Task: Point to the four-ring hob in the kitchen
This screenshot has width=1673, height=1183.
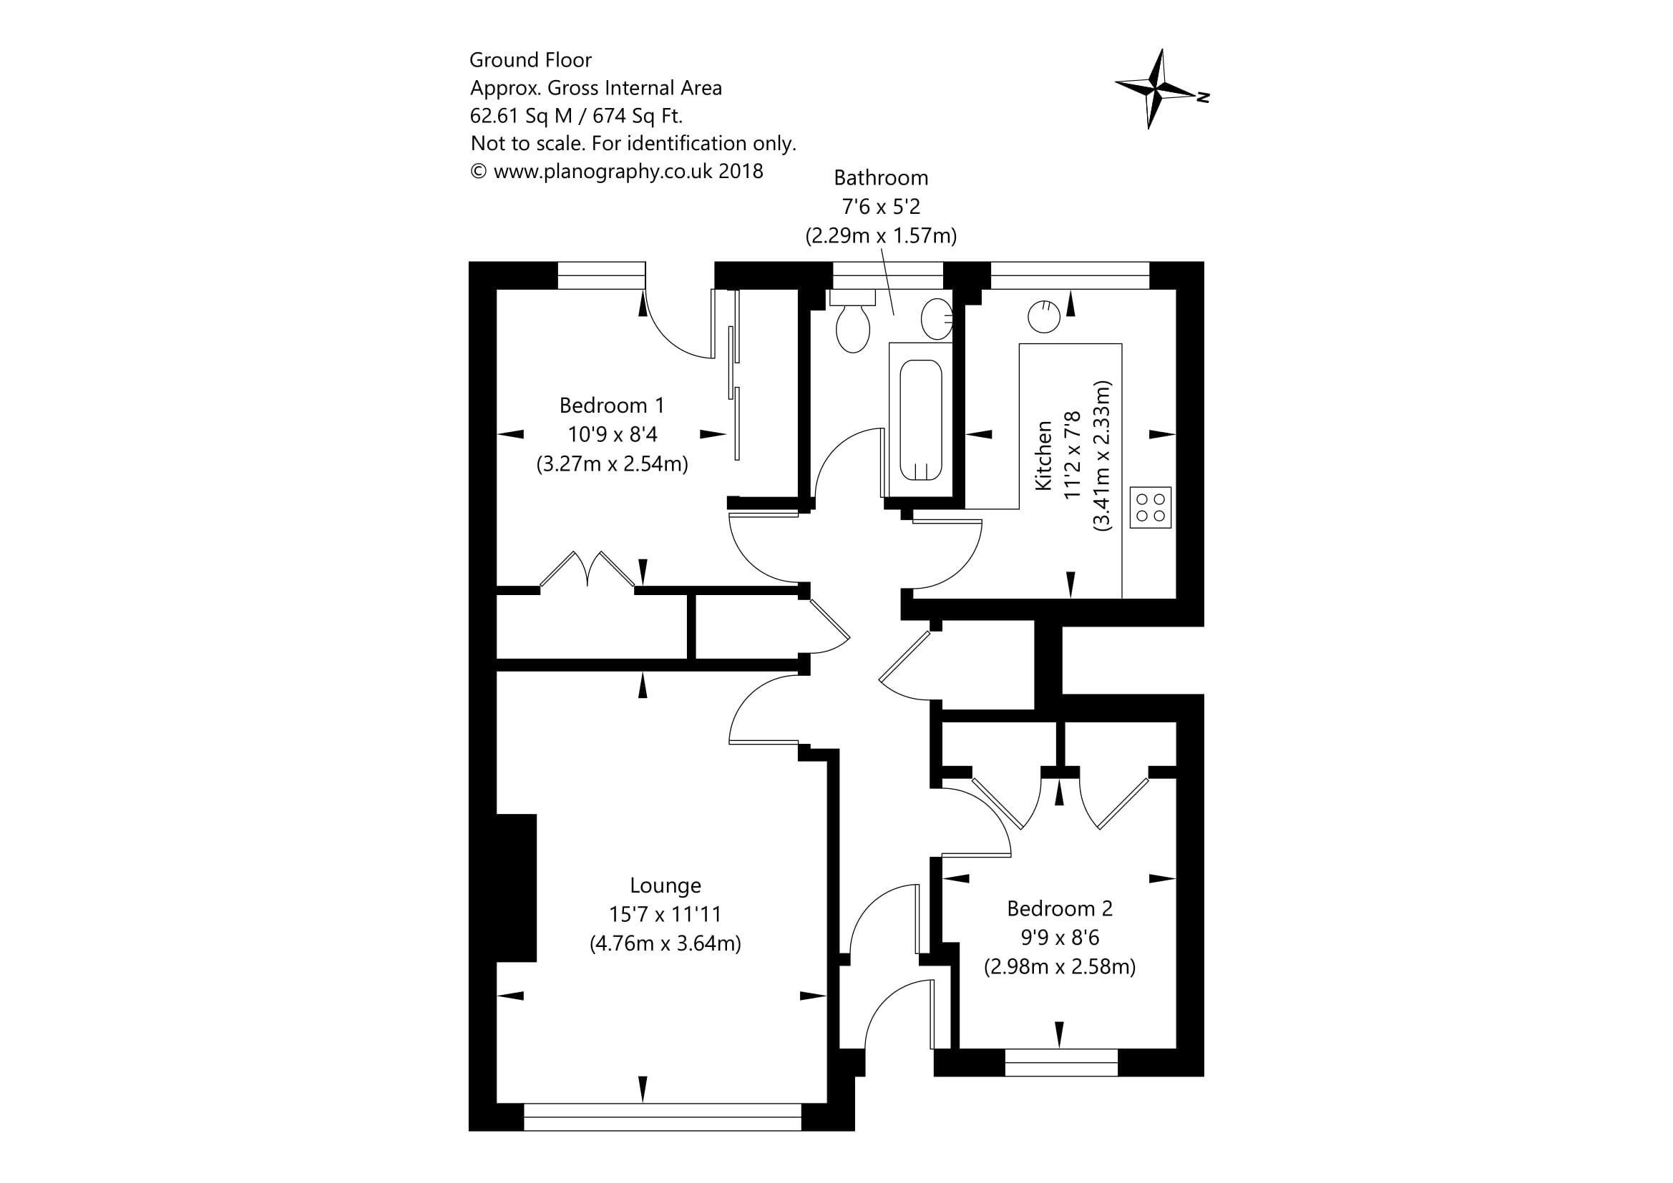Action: click(x=1151, y=508)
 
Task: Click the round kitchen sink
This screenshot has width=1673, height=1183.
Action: click(x=1043, y=317)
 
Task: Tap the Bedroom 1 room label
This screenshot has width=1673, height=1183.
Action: click(x=611, y=405)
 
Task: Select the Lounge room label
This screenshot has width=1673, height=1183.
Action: click(x=665, y=885)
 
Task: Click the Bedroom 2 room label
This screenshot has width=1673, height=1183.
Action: click(x=1060, y=908)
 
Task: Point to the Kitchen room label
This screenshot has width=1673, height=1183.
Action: click(x=1043, y=456)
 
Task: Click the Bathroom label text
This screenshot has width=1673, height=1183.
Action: click(x=881, y=178)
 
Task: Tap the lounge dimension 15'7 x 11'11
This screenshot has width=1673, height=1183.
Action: click(x=665, y=914)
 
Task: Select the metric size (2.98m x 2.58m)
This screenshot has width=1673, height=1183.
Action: click(x=1060, y=967)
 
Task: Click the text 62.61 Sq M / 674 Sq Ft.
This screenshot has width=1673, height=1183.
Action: click(x=575, y=116)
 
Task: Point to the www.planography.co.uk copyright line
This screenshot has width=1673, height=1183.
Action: click(x=616, y=171)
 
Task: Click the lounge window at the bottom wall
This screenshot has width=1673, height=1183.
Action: click(x=663, y=1116)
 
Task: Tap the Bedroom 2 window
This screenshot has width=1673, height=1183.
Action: click(x=1061, y=1062)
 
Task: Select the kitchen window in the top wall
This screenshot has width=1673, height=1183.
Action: click(x=1070, y=275)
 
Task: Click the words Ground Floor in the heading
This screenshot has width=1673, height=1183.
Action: click(x=530, y=60)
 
